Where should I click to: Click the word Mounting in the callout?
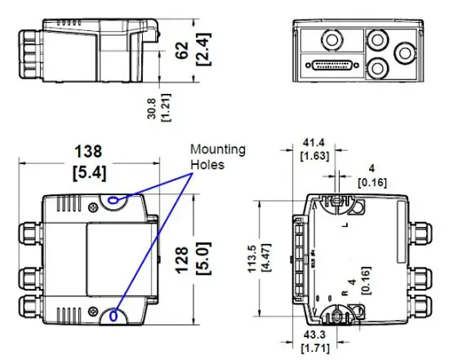tap(217, 149)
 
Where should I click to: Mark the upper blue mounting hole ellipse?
tap(113, 198)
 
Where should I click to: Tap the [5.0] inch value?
tap(204, 256)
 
